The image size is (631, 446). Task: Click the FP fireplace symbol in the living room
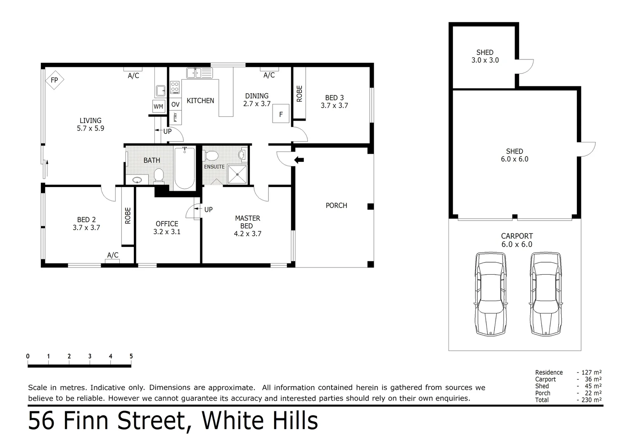[x=54, y=80]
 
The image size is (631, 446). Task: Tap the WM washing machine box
[x=158, y=107]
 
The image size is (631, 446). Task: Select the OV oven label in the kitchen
[x=176, y=105]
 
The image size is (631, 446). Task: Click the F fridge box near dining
[x=281, y=114]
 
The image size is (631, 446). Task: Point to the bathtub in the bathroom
[x=184, y=168]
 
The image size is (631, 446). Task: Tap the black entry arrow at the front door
[x=299, y=160]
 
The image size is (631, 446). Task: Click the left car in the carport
[x=490, y=294]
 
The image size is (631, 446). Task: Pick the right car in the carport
[x=546, y=294]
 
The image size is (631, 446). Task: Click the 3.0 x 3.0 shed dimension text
[x=485, y=60]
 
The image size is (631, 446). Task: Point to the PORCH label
[x=336, y=206]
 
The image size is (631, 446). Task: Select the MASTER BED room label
[x=247, y=222]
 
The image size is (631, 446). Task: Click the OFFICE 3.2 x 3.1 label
[x=167, y=228]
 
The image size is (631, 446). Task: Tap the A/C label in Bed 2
[x=113, y=255]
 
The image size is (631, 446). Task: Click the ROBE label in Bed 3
[x=299, y=94]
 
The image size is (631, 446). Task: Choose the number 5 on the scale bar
[x=131, y=356]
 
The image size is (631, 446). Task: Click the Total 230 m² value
[x=591, y=400]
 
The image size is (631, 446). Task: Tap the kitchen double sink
[x=199, y=73]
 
